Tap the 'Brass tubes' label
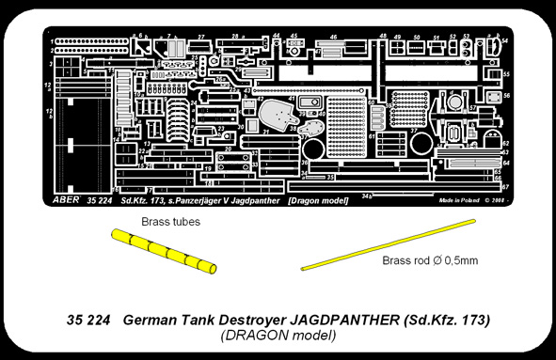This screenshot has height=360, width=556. (170, 221)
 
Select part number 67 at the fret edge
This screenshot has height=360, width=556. (506, 187)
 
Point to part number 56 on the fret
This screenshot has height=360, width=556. (506, 95)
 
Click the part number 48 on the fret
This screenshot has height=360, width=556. (383, 36)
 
